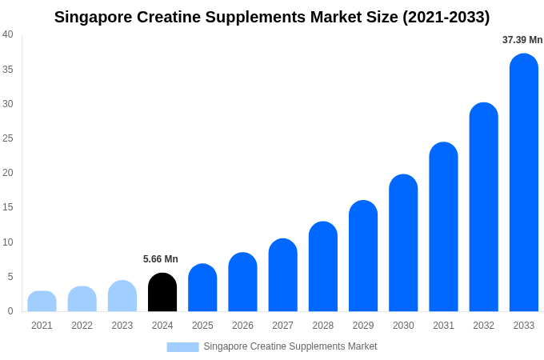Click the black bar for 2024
162,293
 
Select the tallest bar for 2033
523,183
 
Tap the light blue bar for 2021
42,302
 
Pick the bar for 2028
322,267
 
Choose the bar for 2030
403,243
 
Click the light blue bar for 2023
122,296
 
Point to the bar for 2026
242,282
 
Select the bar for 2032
483,207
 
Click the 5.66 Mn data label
161,259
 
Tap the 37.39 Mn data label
522,40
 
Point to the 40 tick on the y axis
8,34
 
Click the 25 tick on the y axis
8,138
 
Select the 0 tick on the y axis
10,311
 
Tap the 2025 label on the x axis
202,326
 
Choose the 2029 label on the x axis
363,326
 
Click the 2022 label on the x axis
82,326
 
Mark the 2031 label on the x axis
443,326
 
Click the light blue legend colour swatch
182,347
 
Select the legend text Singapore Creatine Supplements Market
290,346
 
